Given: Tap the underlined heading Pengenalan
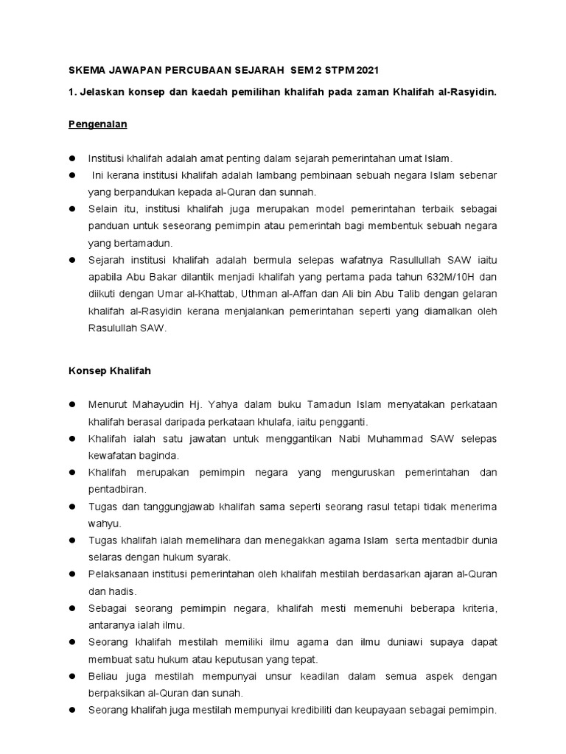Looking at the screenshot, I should click(x=94, y=124).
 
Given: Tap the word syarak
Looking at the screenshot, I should click(x=213, y=557).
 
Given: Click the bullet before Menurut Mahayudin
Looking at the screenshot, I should click(x=73, y=405).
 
